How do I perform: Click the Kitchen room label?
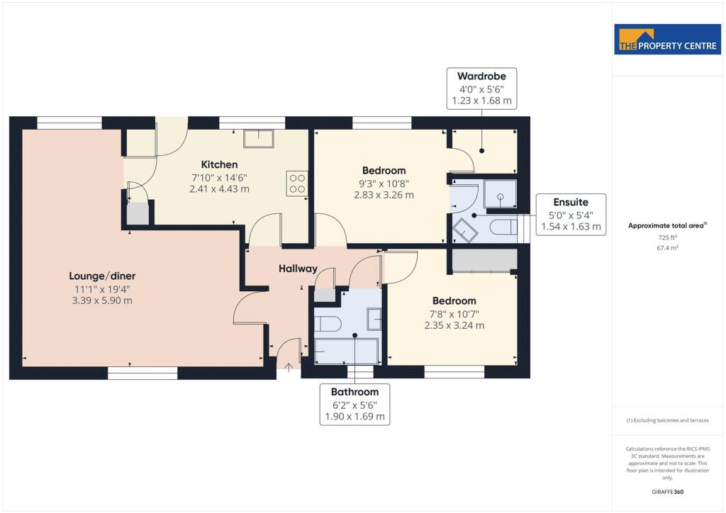click(220, 164)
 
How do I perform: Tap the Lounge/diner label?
click(102, 276)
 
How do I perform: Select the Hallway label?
click(298, 269)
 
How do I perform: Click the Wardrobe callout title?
click(481, 77)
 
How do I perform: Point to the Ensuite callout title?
click(571, 202)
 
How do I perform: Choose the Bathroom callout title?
click(354, 392)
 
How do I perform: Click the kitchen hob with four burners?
click(297, 184)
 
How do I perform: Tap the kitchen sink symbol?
click(259, 138)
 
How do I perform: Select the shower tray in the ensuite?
click(500, 193)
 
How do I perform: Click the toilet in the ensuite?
click(503, 227)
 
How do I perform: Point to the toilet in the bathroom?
click(328, 324)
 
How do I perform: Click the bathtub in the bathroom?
click(346, 351)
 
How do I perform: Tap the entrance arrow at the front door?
click(289, 368)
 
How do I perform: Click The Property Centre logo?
click(668, 39)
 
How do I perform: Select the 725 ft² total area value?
click(667, 237)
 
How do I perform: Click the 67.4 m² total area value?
click(668, 248)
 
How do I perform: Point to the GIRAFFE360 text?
click(668, 492)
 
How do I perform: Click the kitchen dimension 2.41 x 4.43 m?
click(220, 188)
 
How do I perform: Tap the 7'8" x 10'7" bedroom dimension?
click(454, 314)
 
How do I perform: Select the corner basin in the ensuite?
click(464, 230)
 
